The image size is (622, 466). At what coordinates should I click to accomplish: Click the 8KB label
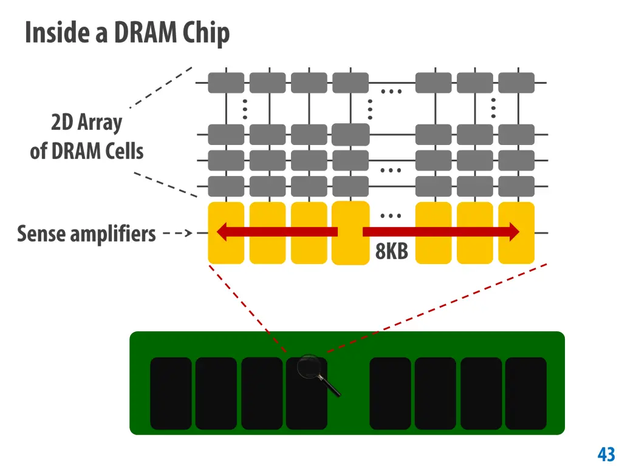pyautogui.click(x=392, y=251)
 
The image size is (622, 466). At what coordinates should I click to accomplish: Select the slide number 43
pyautogui.click(x=606, y=454)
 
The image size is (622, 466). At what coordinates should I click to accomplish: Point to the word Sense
pyautogui.click(x=42, y=234)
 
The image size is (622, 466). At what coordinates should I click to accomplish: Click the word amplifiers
pyautogui.click(x=113, y=234)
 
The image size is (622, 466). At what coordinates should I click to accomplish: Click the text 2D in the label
pyautogui.click(x=62, y=122)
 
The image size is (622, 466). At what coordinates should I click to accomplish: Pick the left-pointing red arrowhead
pyautogui.click(x=222, y=232)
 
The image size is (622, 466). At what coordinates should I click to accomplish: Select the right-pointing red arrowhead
pyautogui.click(x=514, y=232)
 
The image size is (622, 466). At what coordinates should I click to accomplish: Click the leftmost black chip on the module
pyautogui.click(x=171, y=393)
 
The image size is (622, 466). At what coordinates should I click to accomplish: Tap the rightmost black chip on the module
pyautogui.click(x=525, y=393)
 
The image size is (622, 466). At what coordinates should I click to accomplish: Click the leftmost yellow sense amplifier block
pyautogui.click(x=226, y=233)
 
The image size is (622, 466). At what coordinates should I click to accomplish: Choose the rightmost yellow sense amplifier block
pyautogui.click(x=516, y=233)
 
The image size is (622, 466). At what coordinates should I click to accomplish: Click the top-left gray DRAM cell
pyautogui.click(x=226, y=83)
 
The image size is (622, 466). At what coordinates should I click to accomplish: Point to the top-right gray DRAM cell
pyautogui.click(x=516, y=83)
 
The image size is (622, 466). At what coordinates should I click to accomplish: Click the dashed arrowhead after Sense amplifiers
pyautogui.click(x=189, y=234)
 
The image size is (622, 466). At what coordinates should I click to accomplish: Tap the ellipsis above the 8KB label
pyautogui.click(x=391, y=216)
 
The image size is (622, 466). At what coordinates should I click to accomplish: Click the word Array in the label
pyautogui.click(x=100, y=123)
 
